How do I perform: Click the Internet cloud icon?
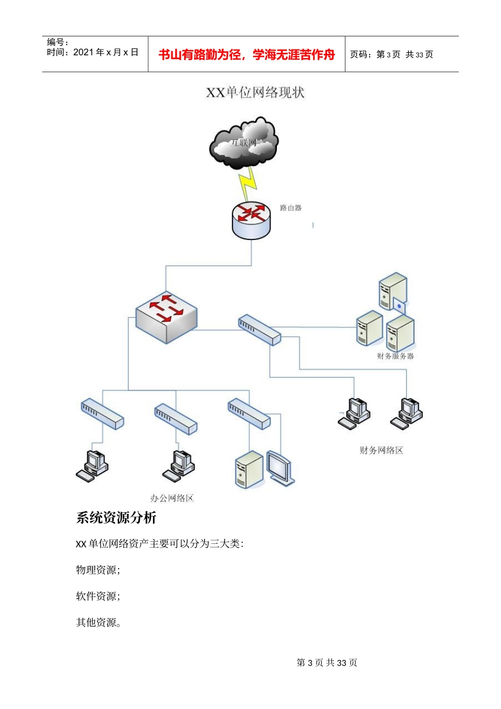coord(244,143)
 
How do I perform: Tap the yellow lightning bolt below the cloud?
coord(248,183)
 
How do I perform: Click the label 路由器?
coord(291,208)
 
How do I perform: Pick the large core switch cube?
coord(166,317)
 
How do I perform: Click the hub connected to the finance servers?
coord(259,330)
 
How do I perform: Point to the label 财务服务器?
coord(396,356)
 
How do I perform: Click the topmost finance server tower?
coord(393,291)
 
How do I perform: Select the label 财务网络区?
coord(381,450)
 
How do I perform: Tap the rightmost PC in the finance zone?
coord(407,413)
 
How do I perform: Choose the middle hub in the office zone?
coord(176,419)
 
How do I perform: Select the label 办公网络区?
coord(172,498)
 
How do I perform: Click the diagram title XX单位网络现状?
coord(255,92)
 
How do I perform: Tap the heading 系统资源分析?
coord(116,518)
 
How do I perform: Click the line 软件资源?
coord(98,596)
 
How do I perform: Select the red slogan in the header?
coord(246,54)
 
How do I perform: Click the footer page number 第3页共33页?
coord(327,663)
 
